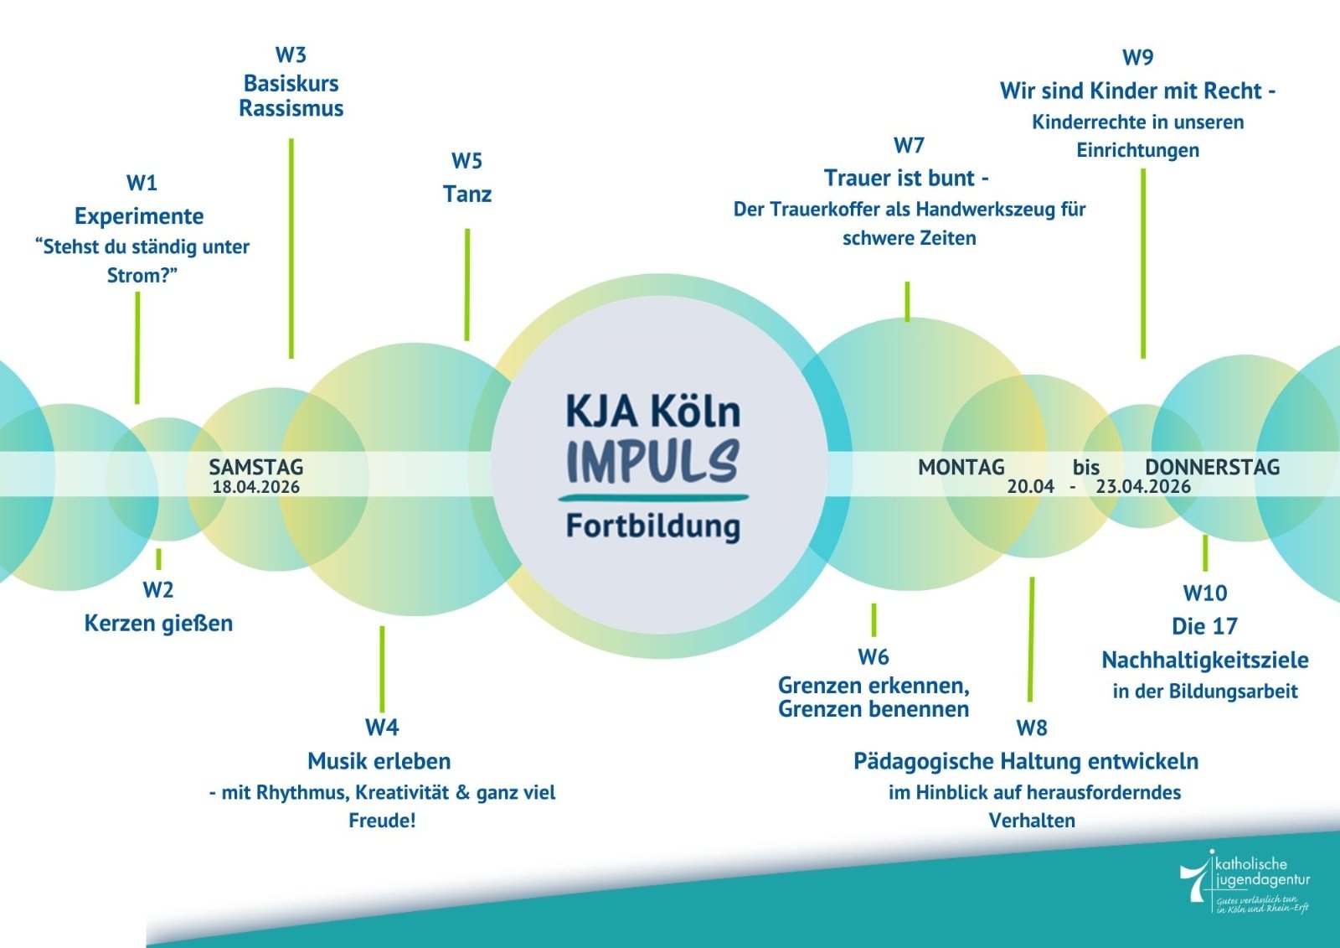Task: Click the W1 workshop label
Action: pos(142,183)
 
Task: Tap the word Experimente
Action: pos(139,216)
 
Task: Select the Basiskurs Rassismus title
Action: pos(291,96)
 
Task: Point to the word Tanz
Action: pos(467,194)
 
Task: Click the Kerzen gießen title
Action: pos(158,624)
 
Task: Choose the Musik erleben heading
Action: pos(379,761)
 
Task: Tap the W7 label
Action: pos(909,146)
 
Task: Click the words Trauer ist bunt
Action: pos(899,179)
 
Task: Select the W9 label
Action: pos(1137,58)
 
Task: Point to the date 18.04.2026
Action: pos(255,487)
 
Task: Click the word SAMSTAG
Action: pos(255,467)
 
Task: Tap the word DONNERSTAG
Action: pos(1212,467)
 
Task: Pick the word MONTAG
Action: pos(961,467)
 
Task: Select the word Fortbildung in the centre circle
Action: pos(652,526)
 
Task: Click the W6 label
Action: pos(873,657)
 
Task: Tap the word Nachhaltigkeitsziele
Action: pos(1204,660)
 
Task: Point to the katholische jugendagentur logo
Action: pos(1245,882)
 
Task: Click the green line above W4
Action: pos(382,668)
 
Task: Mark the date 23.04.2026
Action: pos(1143,487)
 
